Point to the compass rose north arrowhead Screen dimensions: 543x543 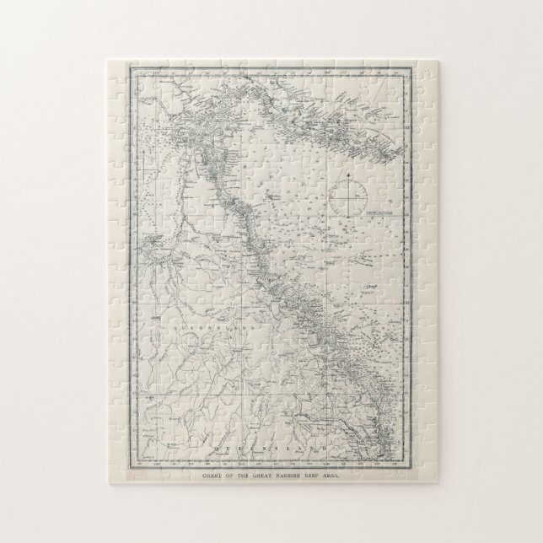coord(347,176)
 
